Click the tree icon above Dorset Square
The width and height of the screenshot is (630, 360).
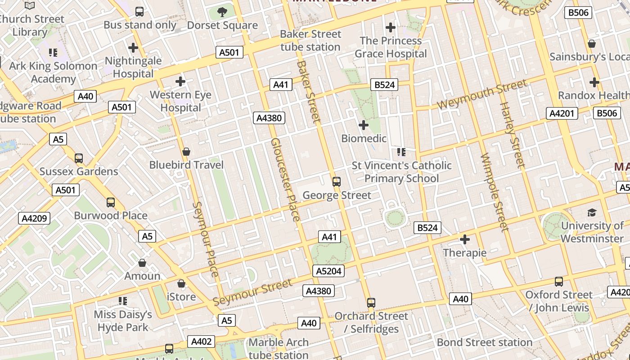click(222, 12)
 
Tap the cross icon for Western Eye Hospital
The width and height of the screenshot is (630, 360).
click(180, 81)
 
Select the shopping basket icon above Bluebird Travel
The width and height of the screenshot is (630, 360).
click(186, 152)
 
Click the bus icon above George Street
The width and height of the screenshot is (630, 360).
click(337, 182)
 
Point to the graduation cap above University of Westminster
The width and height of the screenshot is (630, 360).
click(592, 212)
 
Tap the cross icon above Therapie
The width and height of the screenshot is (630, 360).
click(465, 239)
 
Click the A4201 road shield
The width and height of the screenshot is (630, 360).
click(562, 113)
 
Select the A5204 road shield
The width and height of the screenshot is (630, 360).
click(328, 271)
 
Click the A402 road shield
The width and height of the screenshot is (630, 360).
click(201, 342)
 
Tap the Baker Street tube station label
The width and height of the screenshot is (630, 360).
click(310, 40)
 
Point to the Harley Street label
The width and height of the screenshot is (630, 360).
click(513, 135)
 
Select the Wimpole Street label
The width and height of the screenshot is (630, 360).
click(494, 192)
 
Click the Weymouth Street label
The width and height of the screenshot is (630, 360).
click(481, 94)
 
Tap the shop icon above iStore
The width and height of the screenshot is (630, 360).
click(181, 283)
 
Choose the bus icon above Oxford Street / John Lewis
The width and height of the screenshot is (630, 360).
click(559, 282)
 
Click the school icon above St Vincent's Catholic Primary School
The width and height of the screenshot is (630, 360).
click(401, 152)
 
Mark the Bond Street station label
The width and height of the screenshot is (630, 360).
click(485, 342)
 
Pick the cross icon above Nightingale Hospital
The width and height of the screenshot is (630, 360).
click(133, 47)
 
